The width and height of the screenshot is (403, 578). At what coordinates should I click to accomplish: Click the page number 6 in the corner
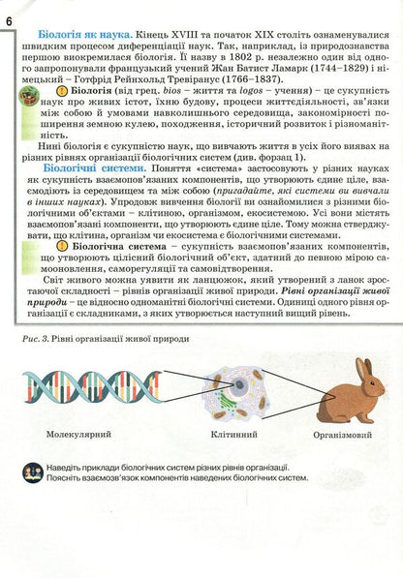pyautogui.click(x=9, y=9)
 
